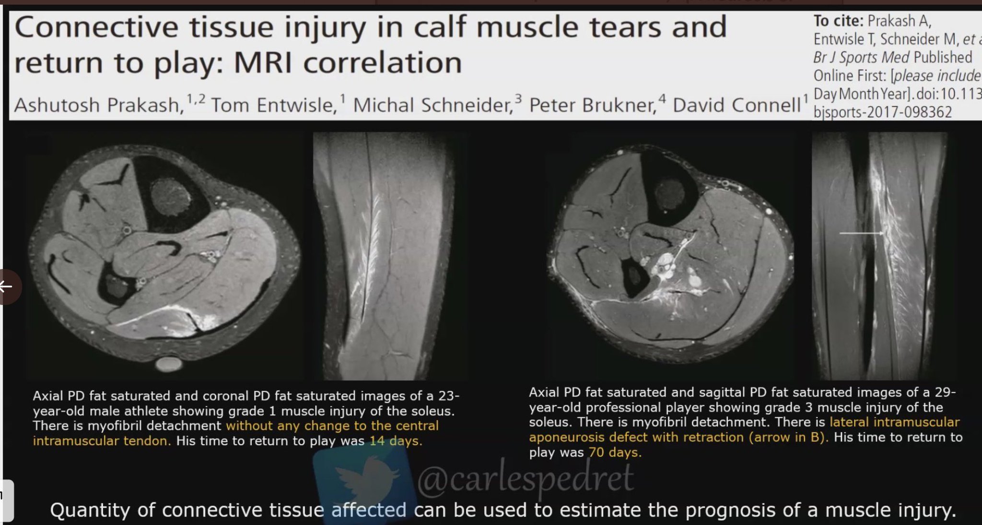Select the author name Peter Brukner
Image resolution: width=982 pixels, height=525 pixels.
pyautogui.click(x=592, y=105)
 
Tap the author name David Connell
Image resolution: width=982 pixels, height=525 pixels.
pyautogui.click(x=736, y=105)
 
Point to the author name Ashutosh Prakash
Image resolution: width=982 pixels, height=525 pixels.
pyautogui.click(x=99, y=105)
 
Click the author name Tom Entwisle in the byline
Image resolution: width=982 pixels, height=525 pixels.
pyautogui.click(x=273, y=105)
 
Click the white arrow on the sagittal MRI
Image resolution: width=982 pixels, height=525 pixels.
pyautogui.click(x=861, y=233)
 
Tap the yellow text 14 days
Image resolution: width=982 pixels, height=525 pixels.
pyautogui.click(x=396, y=441)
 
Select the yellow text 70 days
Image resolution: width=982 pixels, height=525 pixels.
pyautogui.click(x=615, y=452)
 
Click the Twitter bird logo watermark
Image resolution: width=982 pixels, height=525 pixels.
pyautogui.click(x=364, y=480)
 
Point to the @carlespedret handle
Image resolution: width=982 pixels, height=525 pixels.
pyautogui.click(x=526, y=478)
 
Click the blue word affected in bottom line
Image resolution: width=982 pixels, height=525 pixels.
pyautogui.click(x=369, y=510)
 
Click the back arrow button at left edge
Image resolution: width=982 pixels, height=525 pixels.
pyautogui.click(x=7, y=287)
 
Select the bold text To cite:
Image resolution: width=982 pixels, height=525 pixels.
pyautogui.click(x=838, y=21)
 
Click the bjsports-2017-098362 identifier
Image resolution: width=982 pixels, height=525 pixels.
pyautogui.click(x=882, y=112)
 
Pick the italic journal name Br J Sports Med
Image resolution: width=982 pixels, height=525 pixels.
pyautogui.click(x=861, y=58)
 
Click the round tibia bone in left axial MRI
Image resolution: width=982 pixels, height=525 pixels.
pyautogui.click(x=171, y=196)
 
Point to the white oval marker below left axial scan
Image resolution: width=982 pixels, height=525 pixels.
pyautogui.click(x=169, y=364)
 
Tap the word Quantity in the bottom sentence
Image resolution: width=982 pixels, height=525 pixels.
pyautogui.click(x=90, y=510)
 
